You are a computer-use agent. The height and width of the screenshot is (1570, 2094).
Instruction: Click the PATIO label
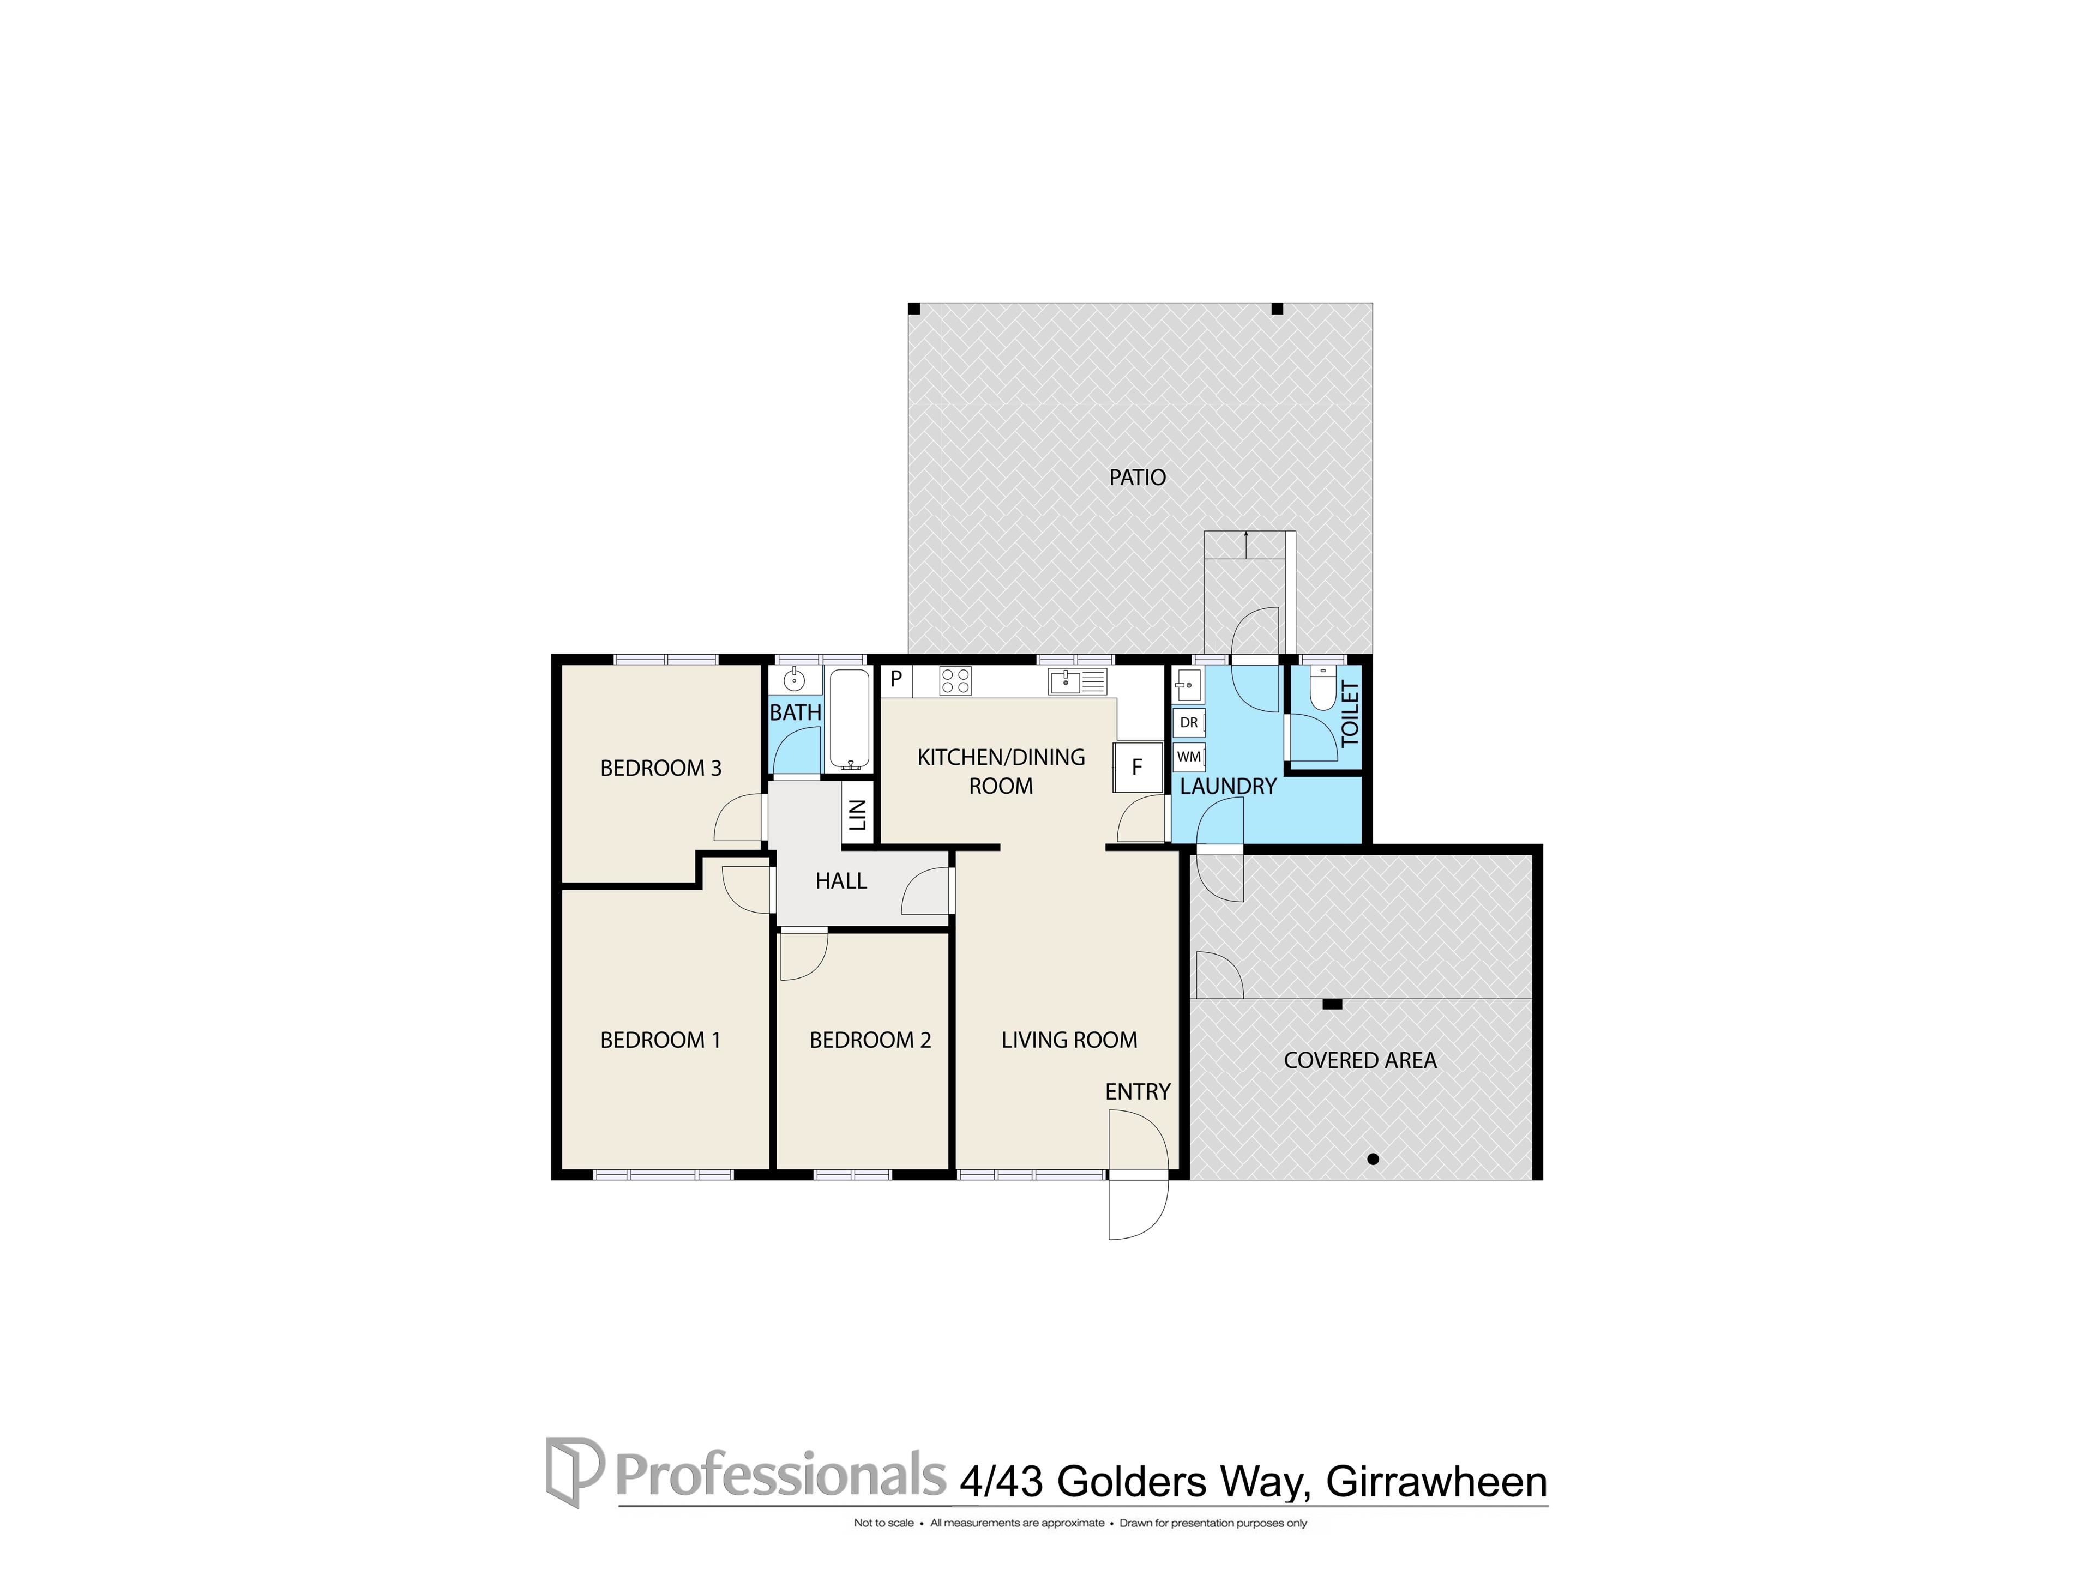pyautogui.click(x=1137, y=477)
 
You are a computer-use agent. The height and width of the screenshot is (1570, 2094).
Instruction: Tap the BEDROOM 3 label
pyautogui.click(x=661, y=768)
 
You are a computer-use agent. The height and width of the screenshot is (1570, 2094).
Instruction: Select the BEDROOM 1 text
pyautogui.click(x=661, y=1040)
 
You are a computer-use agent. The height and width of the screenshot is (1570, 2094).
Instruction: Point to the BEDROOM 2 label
pyautogui.click(x=870, y=1040)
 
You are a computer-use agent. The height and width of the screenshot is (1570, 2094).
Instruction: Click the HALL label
pyautogui.click(x=841, y=881)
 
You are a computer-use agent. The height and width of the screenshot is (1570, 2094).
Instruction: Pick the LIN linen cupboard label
pyautogui.click(x=857, y=815)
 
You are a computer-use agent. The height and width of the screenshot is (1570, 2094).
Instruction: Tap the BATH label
pyautogui.click(x=795, y=712)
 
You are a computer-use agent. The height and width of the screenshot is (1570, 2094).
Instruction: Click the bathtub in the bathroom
pyautogui.click(x=849, y=719)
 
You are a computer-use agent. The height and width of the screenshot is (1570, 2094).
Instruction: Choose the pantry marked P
pyautogui.click(x=895, y=679)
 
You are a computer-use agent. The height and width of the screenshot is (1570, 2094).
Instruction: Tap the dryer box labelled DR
pyautogui.click(x=1189, y=723)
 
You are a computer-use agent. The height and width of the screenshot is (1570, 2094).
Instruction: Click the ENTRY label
pyautogui.click(x=1138, y=1092)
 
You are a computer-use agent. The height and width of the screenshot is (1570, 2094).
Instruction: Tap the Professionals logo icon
pyautogui.click(x=574, y=1471)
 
